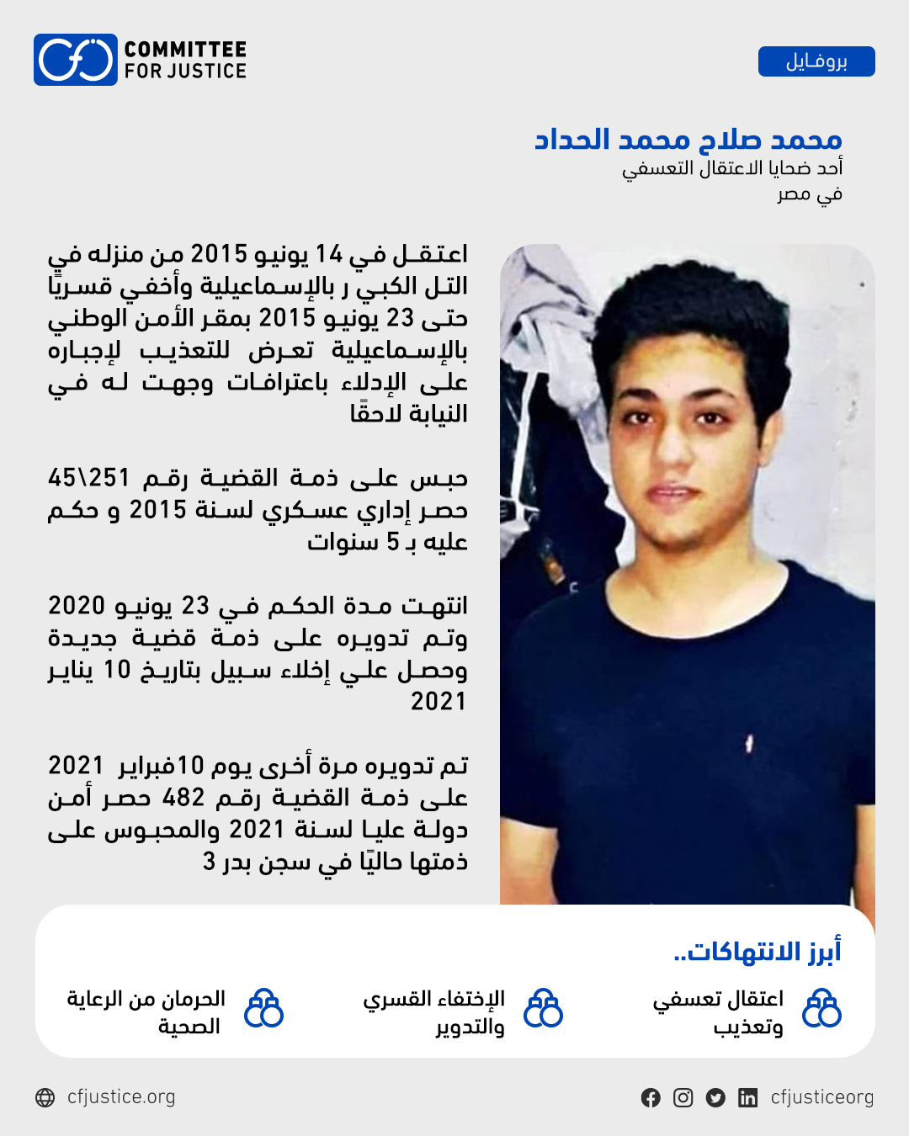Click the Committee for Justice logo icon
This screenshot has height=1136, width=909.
point(76,60)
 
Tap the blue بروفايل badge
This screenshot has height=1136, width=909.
point(816,61)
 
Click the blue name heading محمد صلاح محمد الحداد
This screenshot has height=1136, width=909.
point(688,139)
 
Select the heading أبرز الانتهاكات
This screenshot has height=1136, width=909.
point(757,952)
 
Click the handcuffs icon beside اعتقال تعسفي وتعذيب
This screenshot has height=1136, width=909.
point(821,1008)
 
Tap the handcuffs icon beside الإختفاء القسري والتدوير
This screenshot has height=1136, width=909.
point(543,1008)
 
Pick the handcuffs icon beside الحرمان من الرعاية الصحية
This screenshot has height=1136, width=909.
point(263,1008)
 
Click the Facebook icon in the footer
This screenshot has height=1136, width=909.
point(651,1097)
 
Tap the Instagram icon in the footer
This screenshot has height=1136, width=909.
point(683,1097)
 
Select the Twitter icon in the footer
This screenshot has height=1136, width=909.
point(715,1097)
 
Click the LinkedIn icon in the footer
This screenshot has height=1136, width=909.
point(747,1097)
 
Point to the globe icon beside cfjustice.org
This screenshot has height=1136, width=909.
point(45,1097)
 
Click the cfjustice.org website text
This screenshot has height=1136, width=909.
point(121,1097)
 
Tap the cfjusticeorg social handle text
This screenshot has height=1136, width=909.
point(821,1097)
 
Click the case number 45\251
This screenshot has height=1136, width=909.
point(89,478)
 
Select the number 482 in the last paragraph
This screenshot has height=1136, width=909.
point(183,797)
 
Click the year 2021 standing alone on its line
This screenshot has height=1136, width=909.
point(438,701)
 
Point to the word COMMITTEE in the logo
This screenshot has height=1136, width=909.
point(185,50)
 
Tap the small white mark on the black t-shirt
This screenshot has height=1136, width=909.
point(748,744)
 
